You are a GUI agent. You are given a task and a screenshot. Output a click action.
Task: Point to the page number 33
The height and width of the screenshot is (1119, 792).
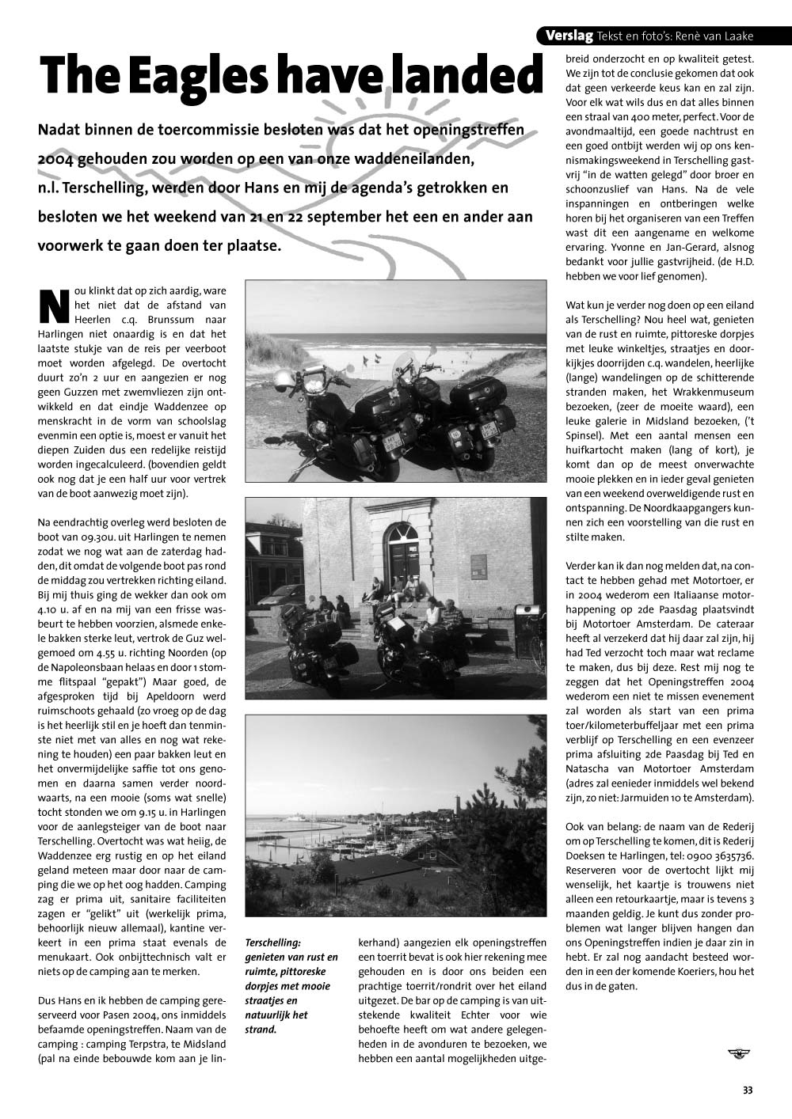tap(748, 1091)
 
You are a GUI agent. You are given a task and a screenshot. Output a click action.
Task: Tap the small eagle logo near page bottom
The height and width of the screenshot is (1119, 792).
tap(739, 1052)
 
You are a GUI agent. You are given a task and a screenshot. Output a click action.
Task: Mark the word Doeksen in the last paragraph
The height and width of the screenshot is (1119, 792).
tap(588, 856)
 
